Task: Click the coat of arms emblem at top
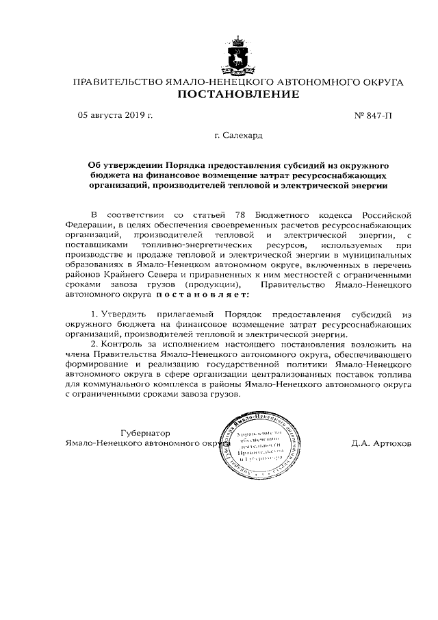[x=238, y=57]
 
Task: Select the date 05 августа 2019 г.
[x=115, y=116]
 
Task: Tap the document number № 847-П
[x=373, y=116]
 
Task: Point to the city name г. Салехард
[x=237, y=136]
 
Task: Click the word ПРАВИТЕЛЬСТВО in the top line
[x=117, y=82]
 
